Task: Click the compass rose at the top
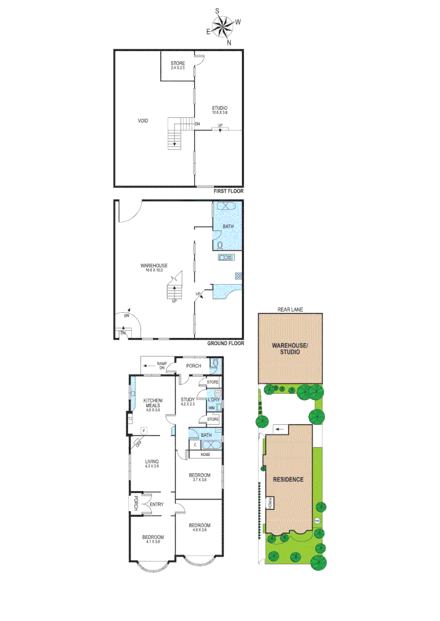(x=223, y=26)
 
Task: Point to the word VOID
(x=143, y=121)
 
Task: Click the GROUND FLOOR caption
(x=226, y=343)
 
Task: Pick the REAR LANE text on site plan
(x=290, y=309)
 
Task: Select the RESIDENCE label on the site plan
(x=288, y=479)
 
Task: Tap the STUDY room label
(x=188, y=401)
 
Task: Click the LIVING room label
(x=152, y=463)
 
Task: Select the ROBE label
(x=205, y=454)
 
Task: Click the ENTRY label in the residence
(x=157, y=504)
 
